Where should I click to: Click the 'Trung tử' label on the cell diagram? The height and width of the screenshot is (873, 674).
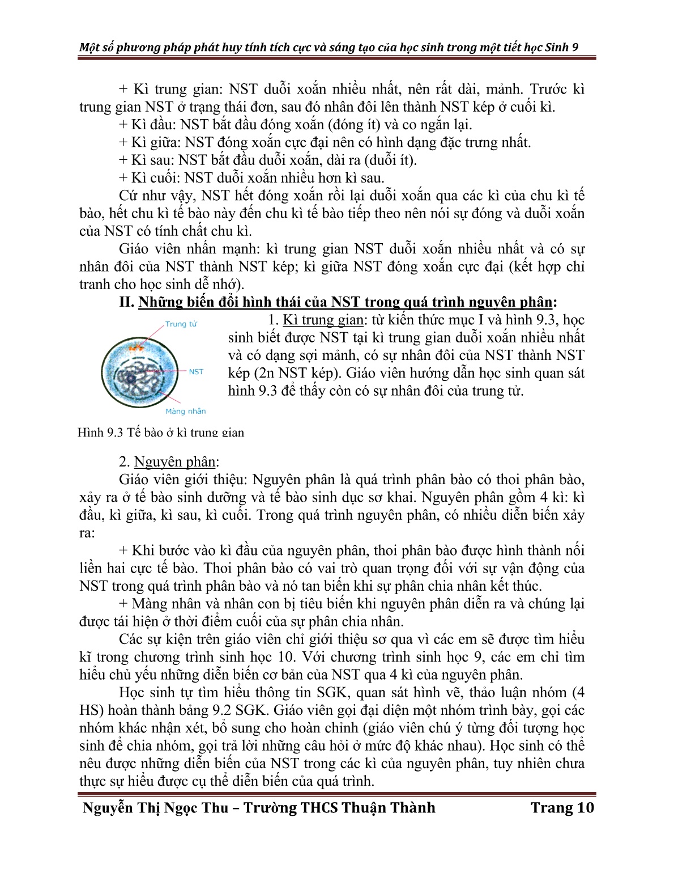(x=181, y=324)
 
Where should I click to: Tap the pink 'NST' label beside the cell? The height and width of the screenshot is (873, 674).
(x=196, y=372)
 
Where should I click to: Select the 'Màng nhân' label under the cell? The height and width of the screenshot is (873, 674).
(x=186, y=412)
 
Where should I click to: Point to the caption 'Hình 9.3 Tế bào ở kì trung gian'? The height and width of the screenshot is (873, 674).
(x=161, y=433)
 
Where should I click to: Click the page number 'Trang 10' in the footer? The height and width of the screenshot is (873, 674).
(x=562, y=808)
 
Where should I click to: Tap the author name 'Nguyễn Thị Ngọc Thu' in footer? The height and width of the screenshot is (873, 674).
(x=159, y=808)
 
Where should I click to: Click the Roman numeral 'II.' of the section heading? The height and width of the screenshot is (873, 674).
(x=126, y=302)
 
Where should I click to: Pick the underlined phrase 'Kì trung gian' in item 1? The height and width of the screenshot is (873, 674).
(x=323, y=320)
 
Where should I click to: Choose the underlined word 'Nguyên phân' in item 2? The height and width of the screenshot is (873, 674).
(x=175, y=462)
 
